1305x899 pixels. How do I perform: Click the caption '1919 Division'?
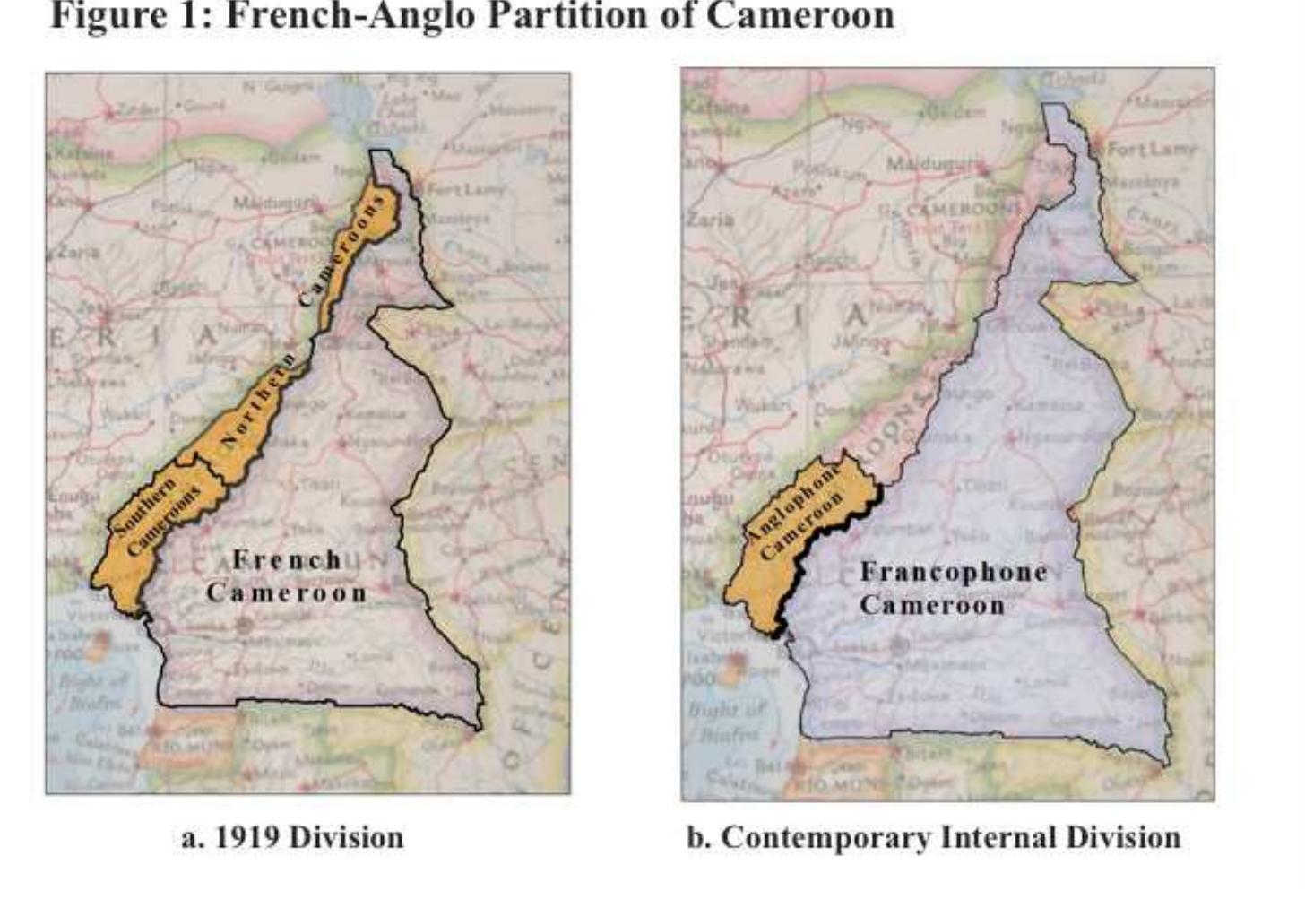292,838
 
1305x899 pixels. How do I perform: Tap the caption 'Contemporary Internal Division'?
933,838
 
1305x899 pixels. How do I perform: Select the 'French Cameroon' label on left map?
287,576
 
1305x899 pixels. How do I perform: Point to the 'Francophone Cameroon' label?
953,588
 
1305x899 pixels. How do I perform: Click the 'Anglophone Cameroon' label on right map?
798,514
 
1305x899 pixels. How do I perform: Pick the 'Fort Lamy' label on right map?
1151,149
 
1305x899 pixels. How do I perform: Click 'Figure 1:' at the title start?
130,15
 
